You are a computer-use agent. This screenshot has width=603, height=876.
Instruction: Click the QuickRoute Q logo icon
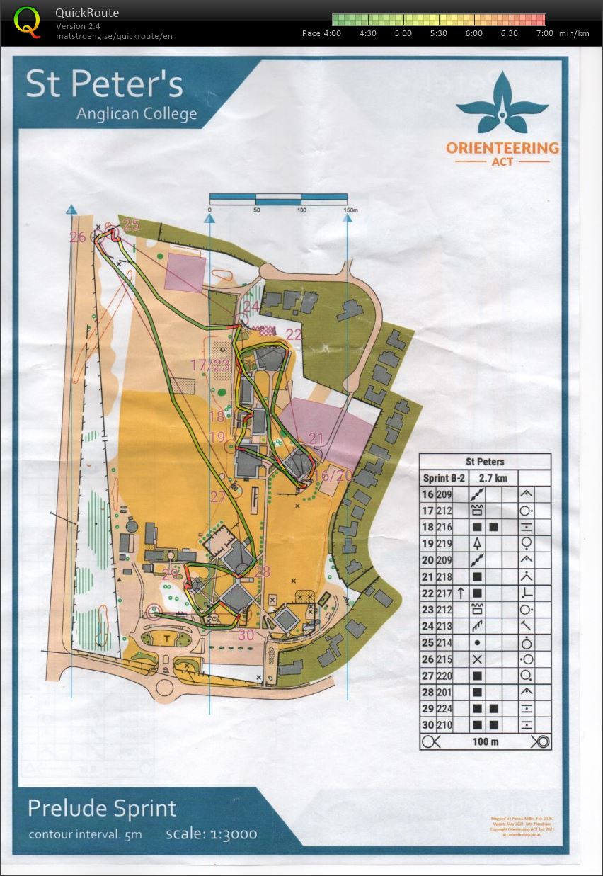coord(28,21)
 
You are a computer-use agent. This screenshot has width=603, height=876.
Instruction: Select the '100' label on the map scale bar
coord(301,210)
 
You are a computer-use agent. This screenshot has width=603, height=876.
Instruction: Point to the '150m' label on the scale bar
coord(350,210)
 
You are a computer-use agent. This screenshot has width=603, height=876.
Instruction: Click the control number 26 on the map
coord(78,237)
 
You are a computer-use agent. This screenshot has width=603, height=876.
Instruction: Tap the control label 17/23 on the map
coord(210,365)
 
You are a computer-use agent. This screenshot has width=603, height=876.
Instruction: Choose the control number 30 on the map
coord(246,635)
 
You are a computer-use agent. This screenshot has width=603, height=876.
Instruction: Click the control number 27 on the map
coord(218,497)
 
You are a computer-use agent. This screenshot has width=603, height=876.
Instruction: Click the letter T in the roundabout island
coord(166,638)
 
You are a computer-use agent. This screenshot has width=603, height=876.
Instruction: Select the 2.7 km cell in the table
coord(493,478)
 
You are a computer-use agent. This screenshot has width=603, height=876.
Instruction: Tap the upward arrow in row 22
coord(461,593)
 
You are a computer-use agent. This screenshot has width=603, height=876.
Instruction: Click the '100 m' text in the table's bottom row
coord(485,741)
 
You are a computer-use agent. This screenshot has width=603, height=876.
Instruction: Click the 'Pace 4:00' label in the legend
coord(321,33)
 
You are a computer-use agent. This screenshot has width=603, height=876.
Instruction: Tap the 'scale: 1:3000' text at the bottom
coord(211,833)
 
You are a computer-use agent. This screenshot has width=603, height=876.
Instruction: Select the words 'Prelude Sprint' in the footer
coord(102,808)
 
